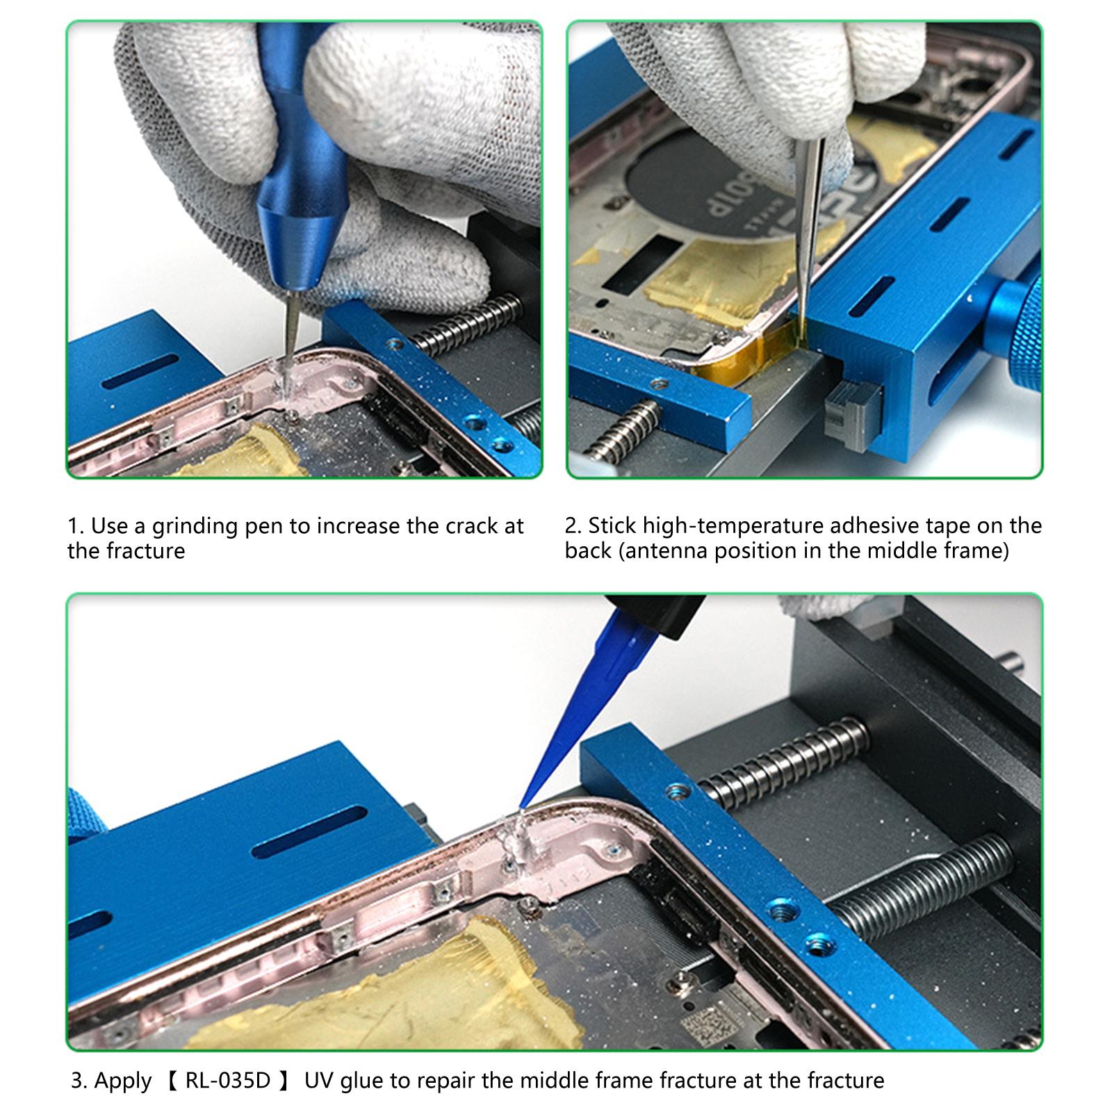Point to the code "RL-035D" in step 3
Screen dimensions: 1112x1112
tap(227, 1081)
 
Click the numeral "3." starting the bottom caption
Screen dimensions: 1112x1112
tap(80, 1081)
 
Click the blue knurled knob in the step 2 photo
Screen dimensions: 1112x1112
tap(1013, 313)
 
